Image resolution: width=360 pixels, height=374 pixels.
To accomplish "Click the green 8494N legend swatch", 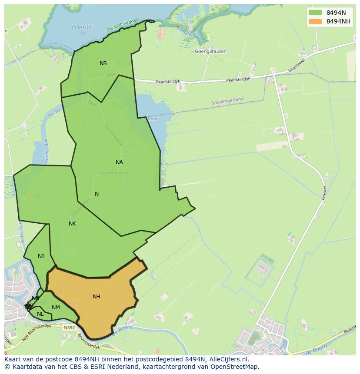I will tap(315, 13).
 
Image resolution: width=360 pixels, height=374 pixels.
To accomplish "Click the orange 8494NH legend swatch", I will tap(315, 21).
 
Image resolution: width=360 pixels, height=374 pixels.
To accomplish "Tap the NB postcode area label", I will tap(103, 63).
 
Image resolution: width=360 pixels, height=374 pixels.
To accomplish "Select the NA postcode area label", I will tap(119, 162).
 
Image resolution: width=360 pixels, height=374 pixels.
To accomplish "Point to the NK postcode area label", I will tap(72, 224).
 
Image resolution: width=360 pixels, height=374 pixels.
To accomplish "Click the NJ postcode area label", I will tap(41, 256).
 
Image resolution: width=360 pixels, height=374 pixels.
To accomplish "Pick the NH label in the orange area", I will tap(97, 297).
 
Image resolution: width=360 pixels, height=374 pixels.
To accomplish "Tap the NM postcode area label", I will tap(56, 308).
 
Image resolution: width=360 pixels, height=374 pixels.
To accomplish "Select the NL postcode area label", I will tap(40, 314).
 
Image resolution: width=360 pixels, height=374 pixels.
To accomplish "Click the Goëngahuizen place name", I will tap(211, 51).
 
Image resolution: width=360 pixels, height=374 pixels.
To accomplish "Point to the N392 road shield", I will tap(69, 328).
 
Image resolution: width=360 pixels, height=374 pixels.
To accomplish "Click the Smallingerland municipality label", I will tap(227, 101).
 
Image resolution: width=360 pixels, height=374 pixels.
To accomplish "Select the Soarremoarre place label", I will tap(114, 173).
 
